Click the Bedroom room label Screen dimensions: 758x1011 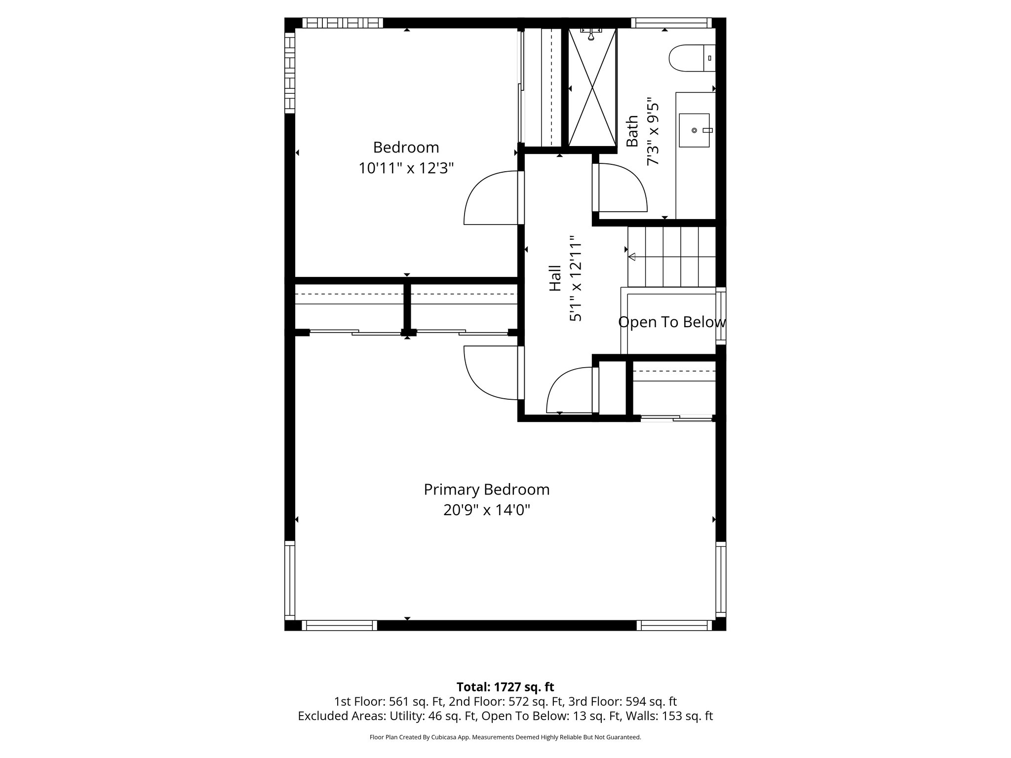click(x=406, y=148)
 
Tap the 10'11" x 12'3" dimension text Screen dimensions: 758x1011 click(x=406, y=169)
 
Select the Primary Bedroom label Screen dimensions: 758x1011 click(x=486, y=490)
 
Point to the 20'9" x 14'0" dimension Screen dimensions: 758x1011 click(x=486, y=510)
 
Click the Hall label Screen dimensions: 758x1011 click(x=555, y=278)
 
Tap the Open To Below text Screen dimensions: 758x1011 click(x=672, y=322)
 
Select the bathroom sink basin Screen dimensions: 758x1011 click(x=694, y=130)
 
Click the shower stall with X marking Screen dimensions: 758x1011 click(x=592, y=88)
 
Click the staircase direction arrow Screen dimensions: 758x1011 click(x=632, y=257)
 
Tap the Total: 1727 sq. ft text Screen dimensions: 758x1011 click(x=505, y=687)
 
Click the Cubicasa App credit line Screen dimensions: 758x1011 click(x=505, y=737)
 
